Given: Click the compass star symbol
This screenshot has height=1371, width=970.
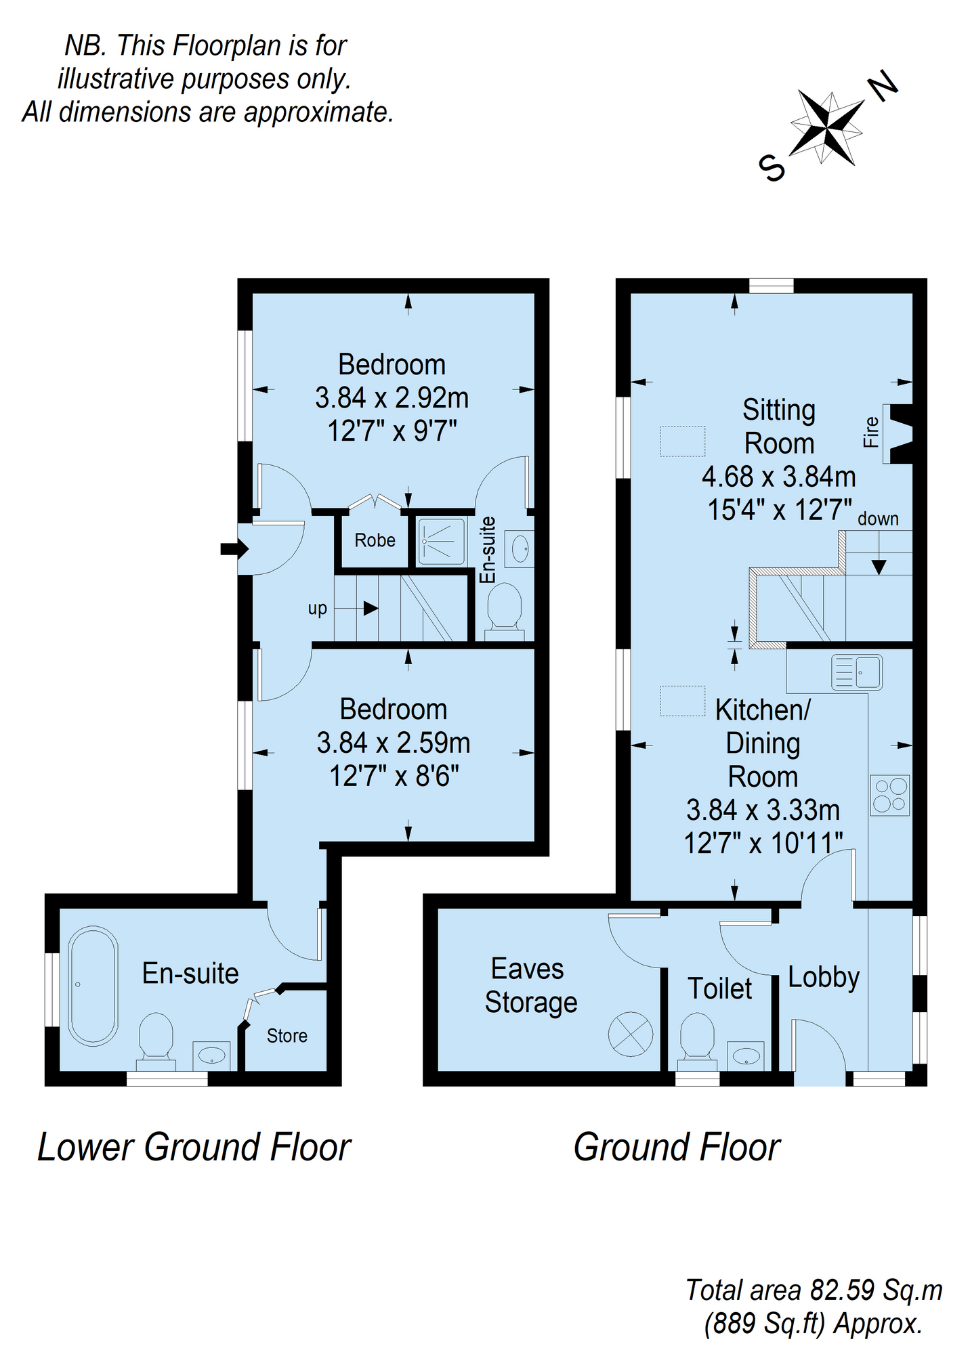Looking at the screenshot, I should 827,126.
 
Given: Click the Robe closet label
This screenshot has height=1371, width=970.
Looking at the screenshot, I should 375,540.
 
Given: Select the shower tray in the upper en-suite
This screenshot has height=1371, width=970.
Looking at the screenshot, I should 441,541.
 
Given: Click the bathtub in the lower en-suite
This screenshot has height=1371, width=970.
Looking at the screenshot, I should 93,986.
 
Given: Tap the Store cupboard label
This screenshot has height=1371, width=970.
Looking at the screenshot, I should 287,1036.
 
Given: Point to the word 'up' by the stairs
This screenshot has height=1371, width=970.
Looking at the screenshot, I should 317,608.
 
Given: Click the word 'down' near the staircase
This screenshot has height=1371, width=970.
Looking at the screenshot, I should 878,519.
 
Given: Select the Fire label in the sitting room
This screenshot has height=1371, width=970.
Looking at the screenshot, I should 870,432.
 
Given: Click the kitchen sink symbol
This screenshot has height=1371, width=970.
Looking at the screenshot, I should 857,672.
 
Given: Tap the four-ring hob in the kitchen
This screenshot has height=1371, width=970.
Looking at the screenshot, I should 890,795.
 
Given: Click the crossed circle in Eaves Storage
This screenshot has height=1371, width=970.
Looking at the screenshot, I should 630,1034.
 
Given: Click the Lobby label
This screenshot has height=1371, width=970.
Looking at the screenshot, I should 824,977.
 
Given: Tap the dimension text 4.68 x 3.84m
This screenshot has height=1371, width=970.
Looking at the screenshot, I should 778,477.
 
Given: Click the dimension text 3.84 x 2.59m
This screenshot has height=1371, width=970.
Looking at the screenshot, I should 393,743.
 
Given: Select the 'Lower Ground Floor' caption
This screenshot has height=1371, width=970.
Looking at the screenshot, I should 194,1147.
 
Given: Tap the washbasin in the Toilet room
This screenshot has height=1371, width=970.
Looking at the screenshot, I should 746,1056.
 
